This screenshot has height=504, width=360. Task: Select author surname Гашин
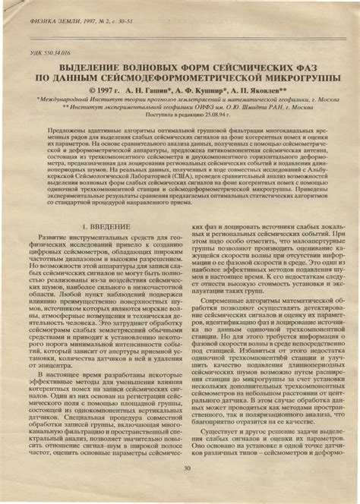pyautogui.click(x=154, y=88)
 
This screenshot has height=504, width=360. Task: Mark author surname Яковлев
pyautogui.click(x=265, y=88)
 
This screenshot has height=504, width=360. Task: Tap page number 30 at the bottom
pyautogui.click(x=186, y=489)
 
